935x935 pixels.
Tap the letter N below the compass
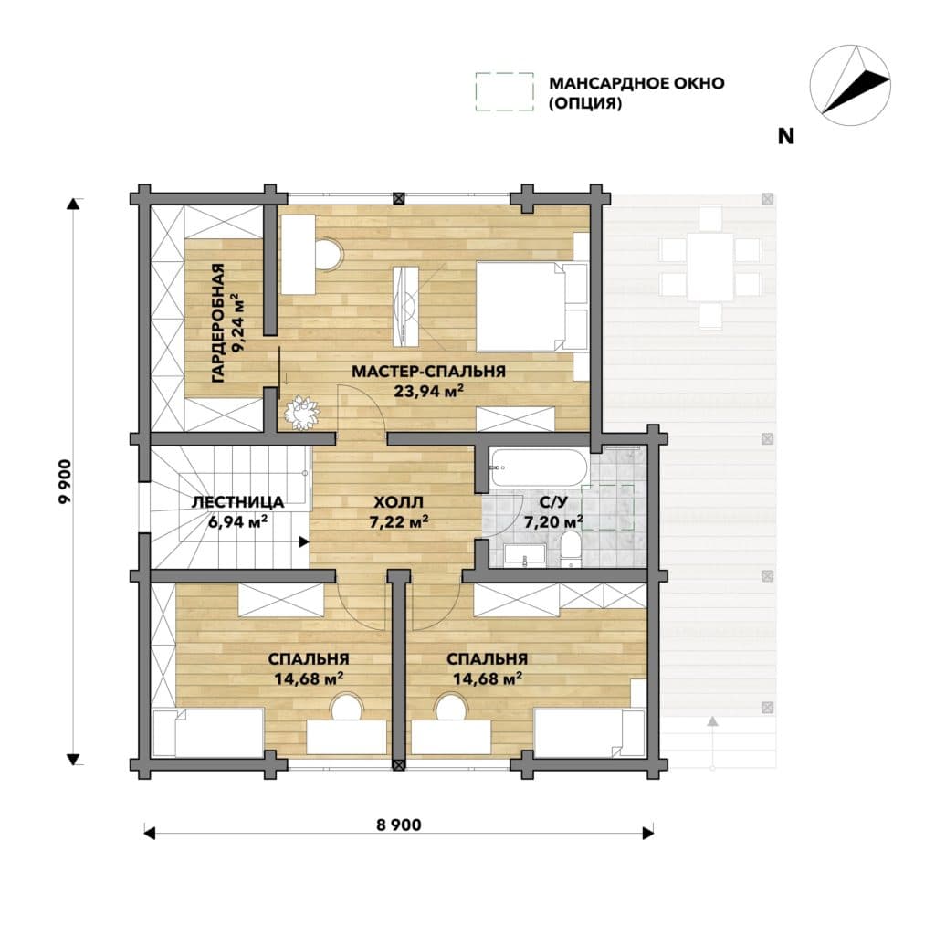[786, 137]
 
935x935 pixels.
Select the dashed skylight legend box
[504, 91]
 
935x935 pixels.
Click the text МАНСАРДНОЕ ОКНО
[636, 83]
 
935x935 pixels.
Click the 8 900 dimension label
[399, 825]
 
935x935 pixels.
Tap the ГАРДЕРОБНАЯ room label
[218, 322]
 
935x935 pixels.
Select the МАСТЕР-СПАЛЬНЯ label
[429, 372]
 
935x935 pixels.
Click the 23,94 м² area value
[429, 391]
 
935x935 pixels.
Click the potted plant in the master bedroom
[301, 411]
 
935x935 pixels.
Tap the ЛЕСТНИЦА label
[237, 502]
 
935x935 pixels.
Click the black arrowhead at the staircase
[304, 542]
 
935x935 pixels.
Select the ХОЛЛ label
[398, 502]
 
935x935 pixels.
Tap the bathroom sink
[525, 554]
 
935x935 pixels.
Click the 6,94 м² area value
[237, 522]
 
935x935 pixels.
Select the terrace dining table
[710, 267]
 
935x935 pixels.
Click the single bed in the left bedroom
[208, 731]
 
